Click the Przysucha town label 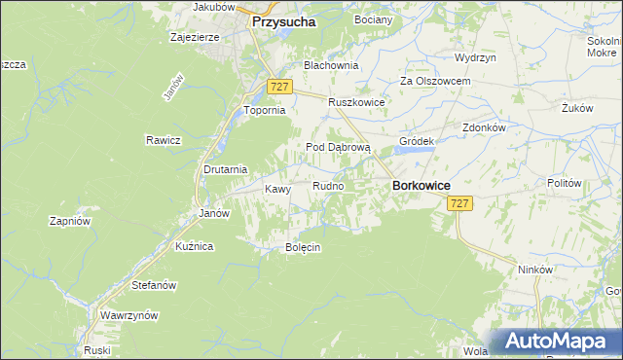coord(283,20)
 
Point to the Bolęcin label coord(302,247)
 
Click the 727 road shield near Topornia coord(279,87)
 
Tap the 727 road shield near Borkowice coord(460,203)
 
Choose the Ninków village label coord(535,270)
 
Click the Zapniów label coord(69,221)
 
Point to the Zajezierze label coord(194,38)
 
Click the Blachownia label coord(331,65)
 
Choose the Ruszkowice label coord(356,102)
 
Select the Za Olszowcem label coord(436,82)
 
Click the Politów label coord(564,183)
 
